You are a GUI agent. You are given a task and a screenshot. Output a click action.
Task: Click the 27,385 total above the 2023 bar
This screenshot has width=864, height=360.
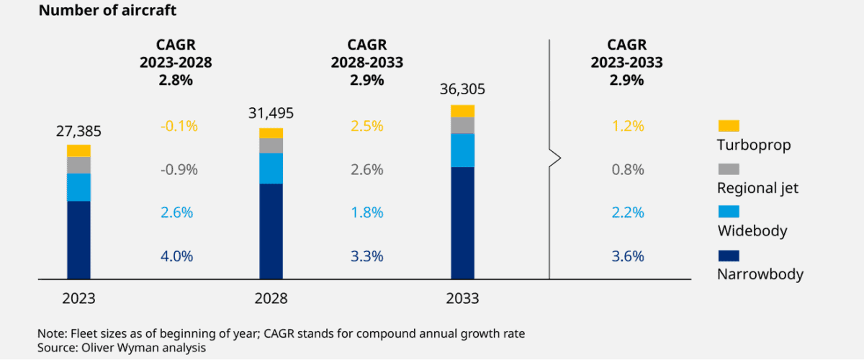coord(78,131)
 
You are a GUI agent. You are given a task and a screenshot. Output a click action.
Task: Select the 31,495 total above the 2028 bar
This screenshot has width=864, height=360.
coord(271,114)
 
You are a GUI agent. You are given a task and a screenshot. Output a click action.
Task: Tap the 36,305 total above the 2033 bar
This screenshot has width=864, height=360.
coord(462,90)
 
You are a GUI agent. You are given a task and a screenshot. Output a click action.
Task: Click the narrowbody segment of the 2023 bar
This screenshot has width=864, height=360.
coord(78,239)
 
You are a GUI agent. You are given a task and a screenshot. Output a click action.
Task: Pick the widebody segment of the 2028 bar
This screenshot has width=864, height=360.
coord(271,168)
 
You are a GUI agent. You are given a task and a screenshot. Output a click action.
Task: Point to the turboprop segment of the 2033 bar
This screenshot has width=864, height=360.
coord(462,111)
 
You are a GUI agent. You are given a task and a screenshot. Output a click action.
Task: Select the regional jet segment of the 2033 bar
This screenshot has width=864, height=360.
coord(462,125)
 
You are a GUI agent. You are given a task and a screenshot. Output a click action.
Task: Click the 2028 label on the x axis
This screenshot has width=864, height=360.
coord(271,299)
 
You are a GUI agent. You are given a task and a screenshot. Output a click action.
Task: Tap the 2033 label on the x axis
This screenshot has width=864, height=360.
coord(462,299)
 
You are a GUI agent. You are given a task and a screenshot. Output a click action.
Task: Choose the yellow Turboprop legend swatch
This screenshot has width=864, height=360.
coord(729,126)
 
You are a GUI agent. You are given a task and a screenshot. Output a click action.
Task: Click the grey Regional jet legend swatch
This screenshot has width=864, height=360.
coord(729,169)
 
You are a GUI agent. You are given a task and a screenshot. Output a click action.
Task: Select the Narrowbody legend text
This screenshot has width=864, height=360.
coord(760,274)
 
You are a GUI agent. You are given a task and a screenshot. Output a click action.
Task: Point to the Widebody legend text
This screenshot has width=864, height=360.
coord(752,231)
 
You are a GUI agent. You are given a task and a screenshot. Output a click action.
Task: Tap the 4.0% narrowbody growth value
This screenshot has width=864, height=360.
coord(176,256)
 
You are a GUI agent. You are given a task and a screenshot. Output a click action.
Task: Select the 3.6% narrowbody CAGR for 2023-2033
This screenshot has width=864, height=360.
coord(627,256)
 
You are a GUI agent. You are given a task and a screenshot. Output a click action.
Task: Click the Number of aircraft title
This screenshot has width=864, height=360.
coord(107,11)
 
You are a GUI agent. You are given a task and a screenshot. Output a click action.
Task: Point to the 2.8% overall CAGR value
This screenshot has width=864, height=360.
coord(176,80)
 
